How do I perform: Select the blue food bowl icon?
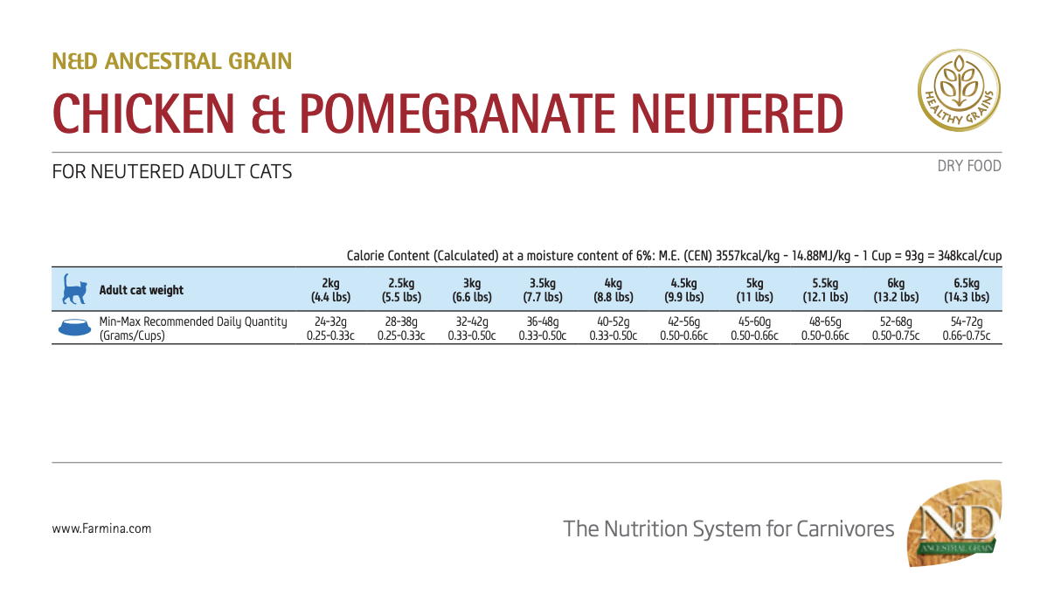coord(73,328)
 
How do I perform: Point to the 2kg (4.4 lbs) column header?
coord(330,290)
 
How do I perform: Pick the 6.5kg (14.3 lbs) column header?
coord(967,290)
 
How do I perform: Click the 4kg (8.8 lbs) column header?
coord(613,290)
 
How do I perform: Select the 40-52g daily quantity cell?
coord(612,321)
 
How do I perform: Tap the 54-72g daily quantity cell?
coord(967,321)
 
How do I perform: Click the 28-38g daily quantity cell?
coord(401,321)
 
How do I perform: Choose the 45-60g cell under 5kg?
coord(754,321)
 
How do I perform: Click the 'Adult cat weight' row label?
coord(142,290)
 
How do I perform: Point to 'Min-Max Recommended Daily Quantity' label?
coord(193,321)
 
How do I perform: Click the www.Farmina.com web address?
coord(101,528)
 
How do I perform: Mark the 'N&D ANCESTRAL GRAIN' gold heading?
coord(172,61)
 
